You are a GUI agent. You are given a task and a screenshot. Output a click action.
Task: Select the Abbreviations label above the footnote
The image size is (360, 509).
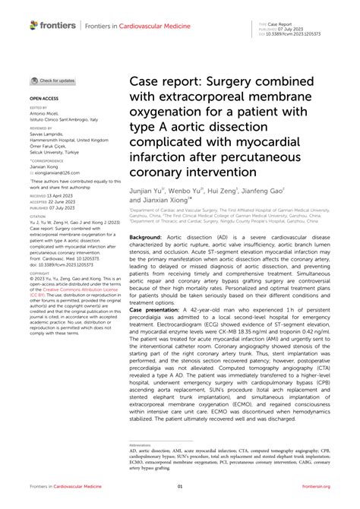point(140,444)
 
